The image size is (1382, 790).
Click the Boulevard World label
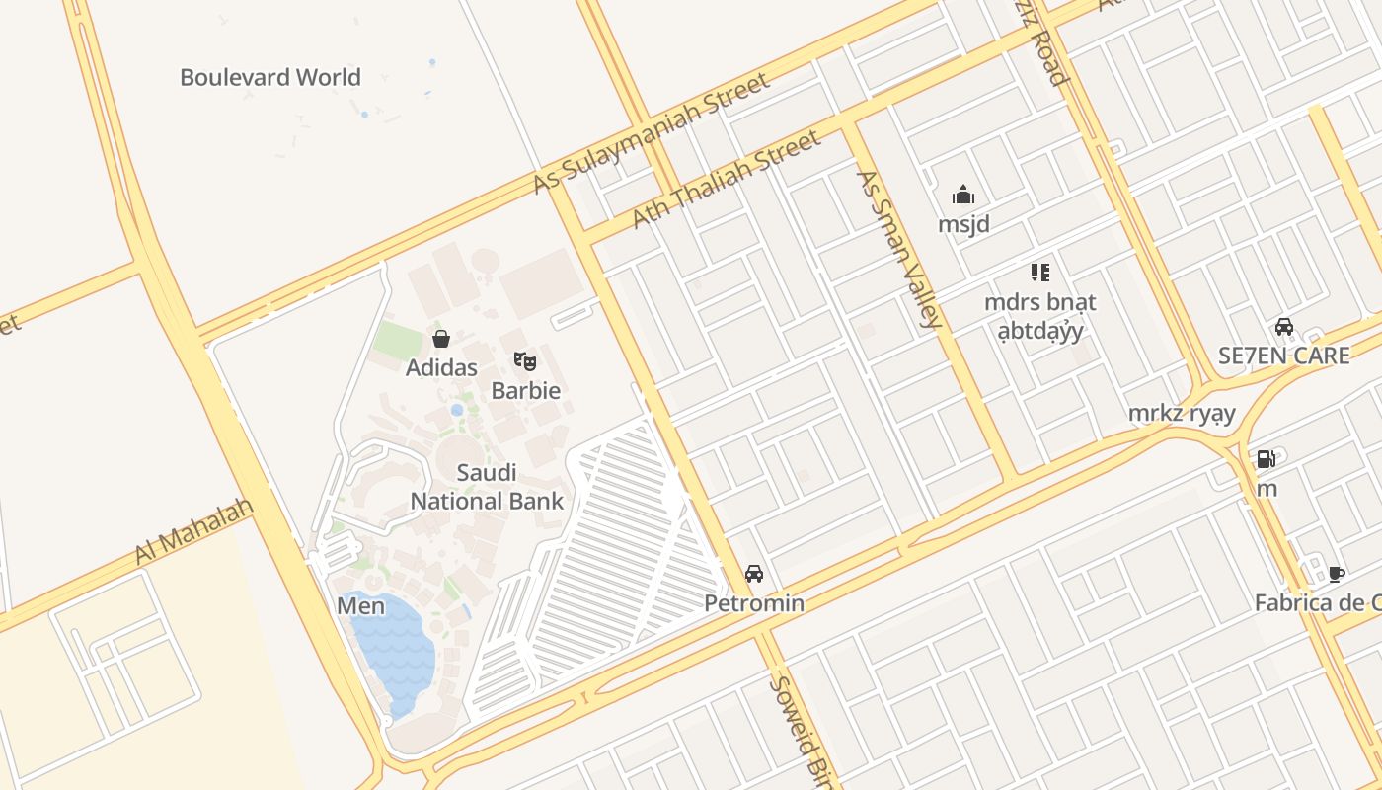pyautogui.click(x=269, y=77)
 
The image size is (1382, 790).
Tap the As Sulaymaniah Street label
pyautogui.click(x=651, y=133)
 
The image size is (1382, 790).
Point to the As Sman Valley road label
pyautogui.click(x=898, y=249)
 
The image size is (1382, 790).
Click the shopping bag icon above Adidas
pyautogui.click(x=441, y=339)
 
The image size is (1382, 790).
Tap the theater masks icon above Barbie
pyautogui.click(x=524, y=361)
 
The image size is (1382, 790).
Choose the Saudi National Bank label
pyautogui.click(x=487, y=487)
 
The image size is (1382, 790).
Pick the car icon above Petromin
pyautogui.click(x=754, y=574)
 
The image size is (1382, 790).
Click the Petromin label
pyautogui.click(x=754, y=603)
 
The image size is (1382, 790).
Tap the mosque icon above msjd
pyautogui.click(x=963, y=195)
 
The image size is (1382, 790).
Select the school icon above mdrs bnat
pyautogui.click(x=1039, y=272)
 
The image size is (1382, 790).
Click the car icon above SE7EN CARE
pyautogui.click(x=1283, y=327)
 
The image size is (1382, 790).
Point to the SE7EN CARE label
pyautogui.click(x=1283, y=356)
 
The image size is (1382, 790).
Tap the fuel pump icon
pyautogui.click(x=1266, y=459)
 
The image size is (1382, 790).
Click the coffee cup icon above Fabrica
pyautogui.click(x=1337, y=574)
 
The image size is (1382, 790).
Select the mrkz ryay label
pyautogui.click(x=1182, y=413)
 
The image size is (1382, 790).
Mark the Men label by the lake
pyautogui.click(x=360, y=605)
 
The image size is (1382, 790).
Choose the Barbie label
pyautogui.click(x=525, y=390)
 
